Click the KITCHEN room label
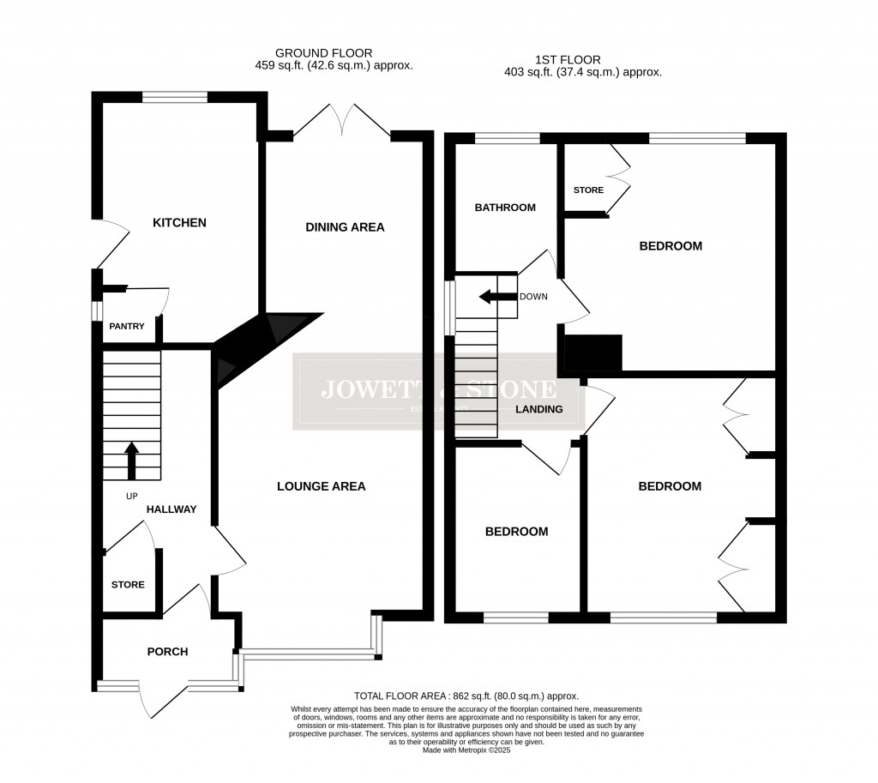tap(179, 223)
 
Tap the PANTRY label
tap(126, 327)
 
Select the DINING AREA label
tap(345, 227)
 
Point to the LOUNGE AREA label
tap(321, 486)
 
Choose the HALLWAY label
tap(171, 509)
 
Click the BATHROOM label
tap(505, 208)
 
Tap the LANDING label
tap(538, 409)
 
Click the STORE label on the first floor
tap(588, 190)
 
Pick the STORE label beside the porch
tap(128, 585)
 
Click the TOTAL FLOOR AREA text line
tap(466, 696)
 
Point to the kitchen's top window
tap(174, 97)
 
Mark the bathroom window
tap(507, 137)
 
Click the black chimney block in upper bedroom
tap(592, 352)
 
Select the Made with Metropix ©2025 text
tap(466, 750)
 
